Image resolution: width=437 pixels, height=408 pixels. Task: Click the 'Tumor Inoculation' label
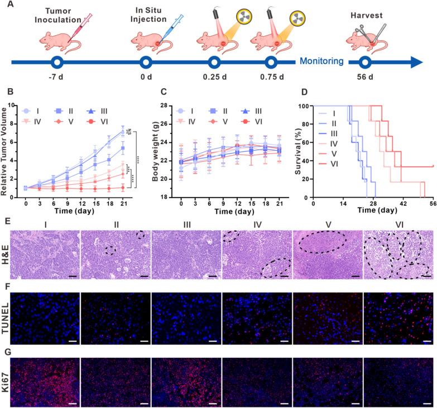point(57,17)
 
